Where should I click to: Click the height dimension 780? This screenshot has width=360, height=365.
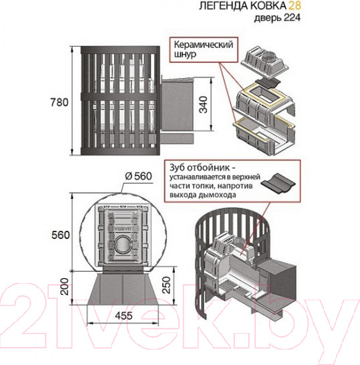point(59,102)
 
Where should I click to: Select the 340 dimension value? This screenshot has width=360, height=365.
point(204,105)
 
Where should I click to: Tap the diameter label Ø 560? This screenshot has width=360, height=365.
point(139,176)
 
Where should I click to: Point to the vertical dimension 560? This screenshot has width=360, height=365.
point(61,235)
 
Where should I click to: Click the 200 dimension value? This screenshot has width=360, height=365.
point(65,286)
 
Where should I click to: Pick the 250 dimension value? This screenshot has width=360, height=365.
point(166,285)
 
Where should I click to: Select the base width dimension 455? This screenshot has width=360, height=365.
point(124,316)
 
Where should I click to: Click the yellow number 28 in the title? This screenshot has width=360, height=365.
point(295,5)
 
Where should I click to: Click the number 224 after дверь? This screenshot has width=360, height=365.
point(292,18)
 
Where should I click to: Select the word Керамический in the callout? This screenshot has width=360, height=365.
point(204,45)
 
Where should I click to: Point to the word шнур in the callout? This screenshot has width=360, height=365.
point(185,55)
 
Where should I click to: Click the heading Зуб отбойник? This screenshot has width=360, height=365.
point(200,167)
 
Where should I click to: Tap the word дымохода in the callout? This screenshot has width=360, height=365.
point(217,195)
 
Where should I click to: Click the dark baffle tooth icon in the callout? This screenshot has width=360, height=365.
point(278,184)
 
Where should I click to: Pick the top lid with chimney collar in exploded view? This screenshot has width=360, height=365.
point(265,63)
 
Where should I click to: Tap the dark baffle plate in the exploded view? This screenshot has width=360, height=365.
point(267,83)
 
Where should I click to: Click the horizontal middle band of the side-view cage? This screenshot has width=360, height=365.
point(120,97)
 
